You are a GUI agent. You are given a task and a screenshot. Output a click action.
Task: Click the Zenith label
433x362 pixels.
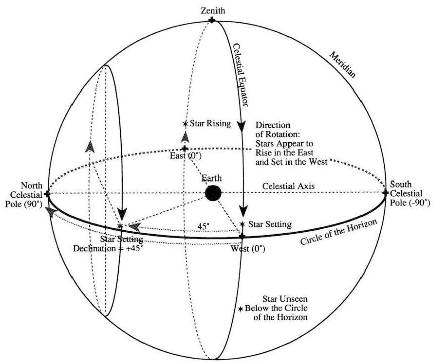212,10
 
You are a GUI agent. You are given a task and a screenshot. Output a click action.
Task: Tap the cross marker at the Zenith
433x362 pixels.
212,20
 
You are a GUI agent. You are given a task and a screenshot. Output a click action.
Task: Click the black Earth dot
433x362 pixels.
213,193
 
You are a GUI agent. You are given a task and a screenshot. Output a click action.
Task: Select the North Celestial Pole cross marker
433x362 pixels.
47,193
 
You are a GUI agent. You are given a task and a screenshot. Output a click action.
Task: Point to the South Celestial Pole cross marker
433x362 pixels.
386,192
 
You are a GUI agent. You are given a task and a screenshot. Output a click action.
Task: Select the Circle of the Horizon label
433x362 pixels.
337,231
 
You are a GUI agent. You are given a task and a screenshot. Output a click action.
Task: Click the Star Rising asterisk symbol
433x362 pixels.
186,124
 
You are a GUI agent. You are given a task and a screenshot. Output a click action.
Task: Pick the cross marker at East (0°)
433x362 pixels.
185,149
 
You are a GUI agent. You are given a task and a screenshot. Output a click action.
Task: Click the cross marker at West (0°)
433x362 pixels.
242,236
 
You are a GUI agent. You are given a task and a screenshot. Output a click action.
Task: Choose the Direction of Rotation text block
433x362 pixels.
292,143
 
